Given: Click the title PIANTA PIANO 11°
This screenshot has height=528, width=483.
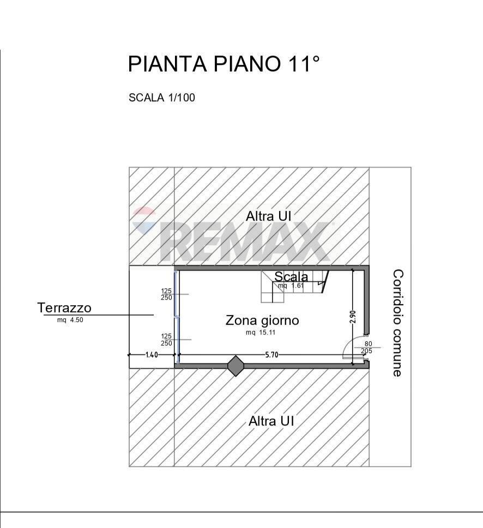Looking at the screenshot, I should (223, 64).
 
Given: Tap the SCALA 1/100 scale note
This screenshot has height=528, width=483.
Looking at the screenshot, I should (161, 98).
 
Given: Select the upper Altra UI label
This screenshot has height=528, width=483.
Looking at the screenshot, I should (269, 216).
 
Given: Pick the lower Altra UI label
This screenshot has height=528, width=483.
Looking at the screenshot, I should (271, 421).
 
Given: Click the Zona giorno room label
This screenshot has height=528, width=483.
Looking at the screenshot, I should (262, 320).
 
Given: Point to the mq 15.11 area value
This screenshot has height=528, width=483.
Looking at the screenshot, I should (261, 332).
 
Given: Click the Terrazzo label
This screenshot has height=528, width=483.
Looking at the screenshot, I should (64, 308).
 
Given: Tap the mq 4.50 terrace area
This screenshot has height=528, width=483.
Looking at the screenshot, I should (70, 320).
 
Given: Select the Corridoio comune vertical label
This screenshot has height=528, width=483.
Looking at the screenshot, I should (397, 323).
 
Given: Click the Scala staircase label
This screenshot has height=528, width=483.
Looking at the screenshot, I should (291, 277).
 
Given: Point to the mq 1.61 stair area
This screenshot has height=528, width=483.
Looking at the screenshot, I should (290, 286).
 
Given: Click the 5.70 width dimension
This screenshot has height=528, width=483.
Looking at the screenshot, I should (271, 355).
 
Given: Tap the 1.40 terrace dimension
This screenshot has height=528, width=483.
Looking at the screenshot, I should (152, 355).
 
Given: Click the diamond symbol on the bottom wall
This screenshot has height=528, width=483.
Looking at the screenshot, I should (236, 366).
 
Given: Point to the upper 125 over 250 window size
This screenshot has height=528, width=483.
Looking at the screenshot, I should (166, 294).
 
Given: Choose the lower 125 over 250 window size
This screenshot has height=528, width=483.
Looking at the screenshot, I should (166, 340).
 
